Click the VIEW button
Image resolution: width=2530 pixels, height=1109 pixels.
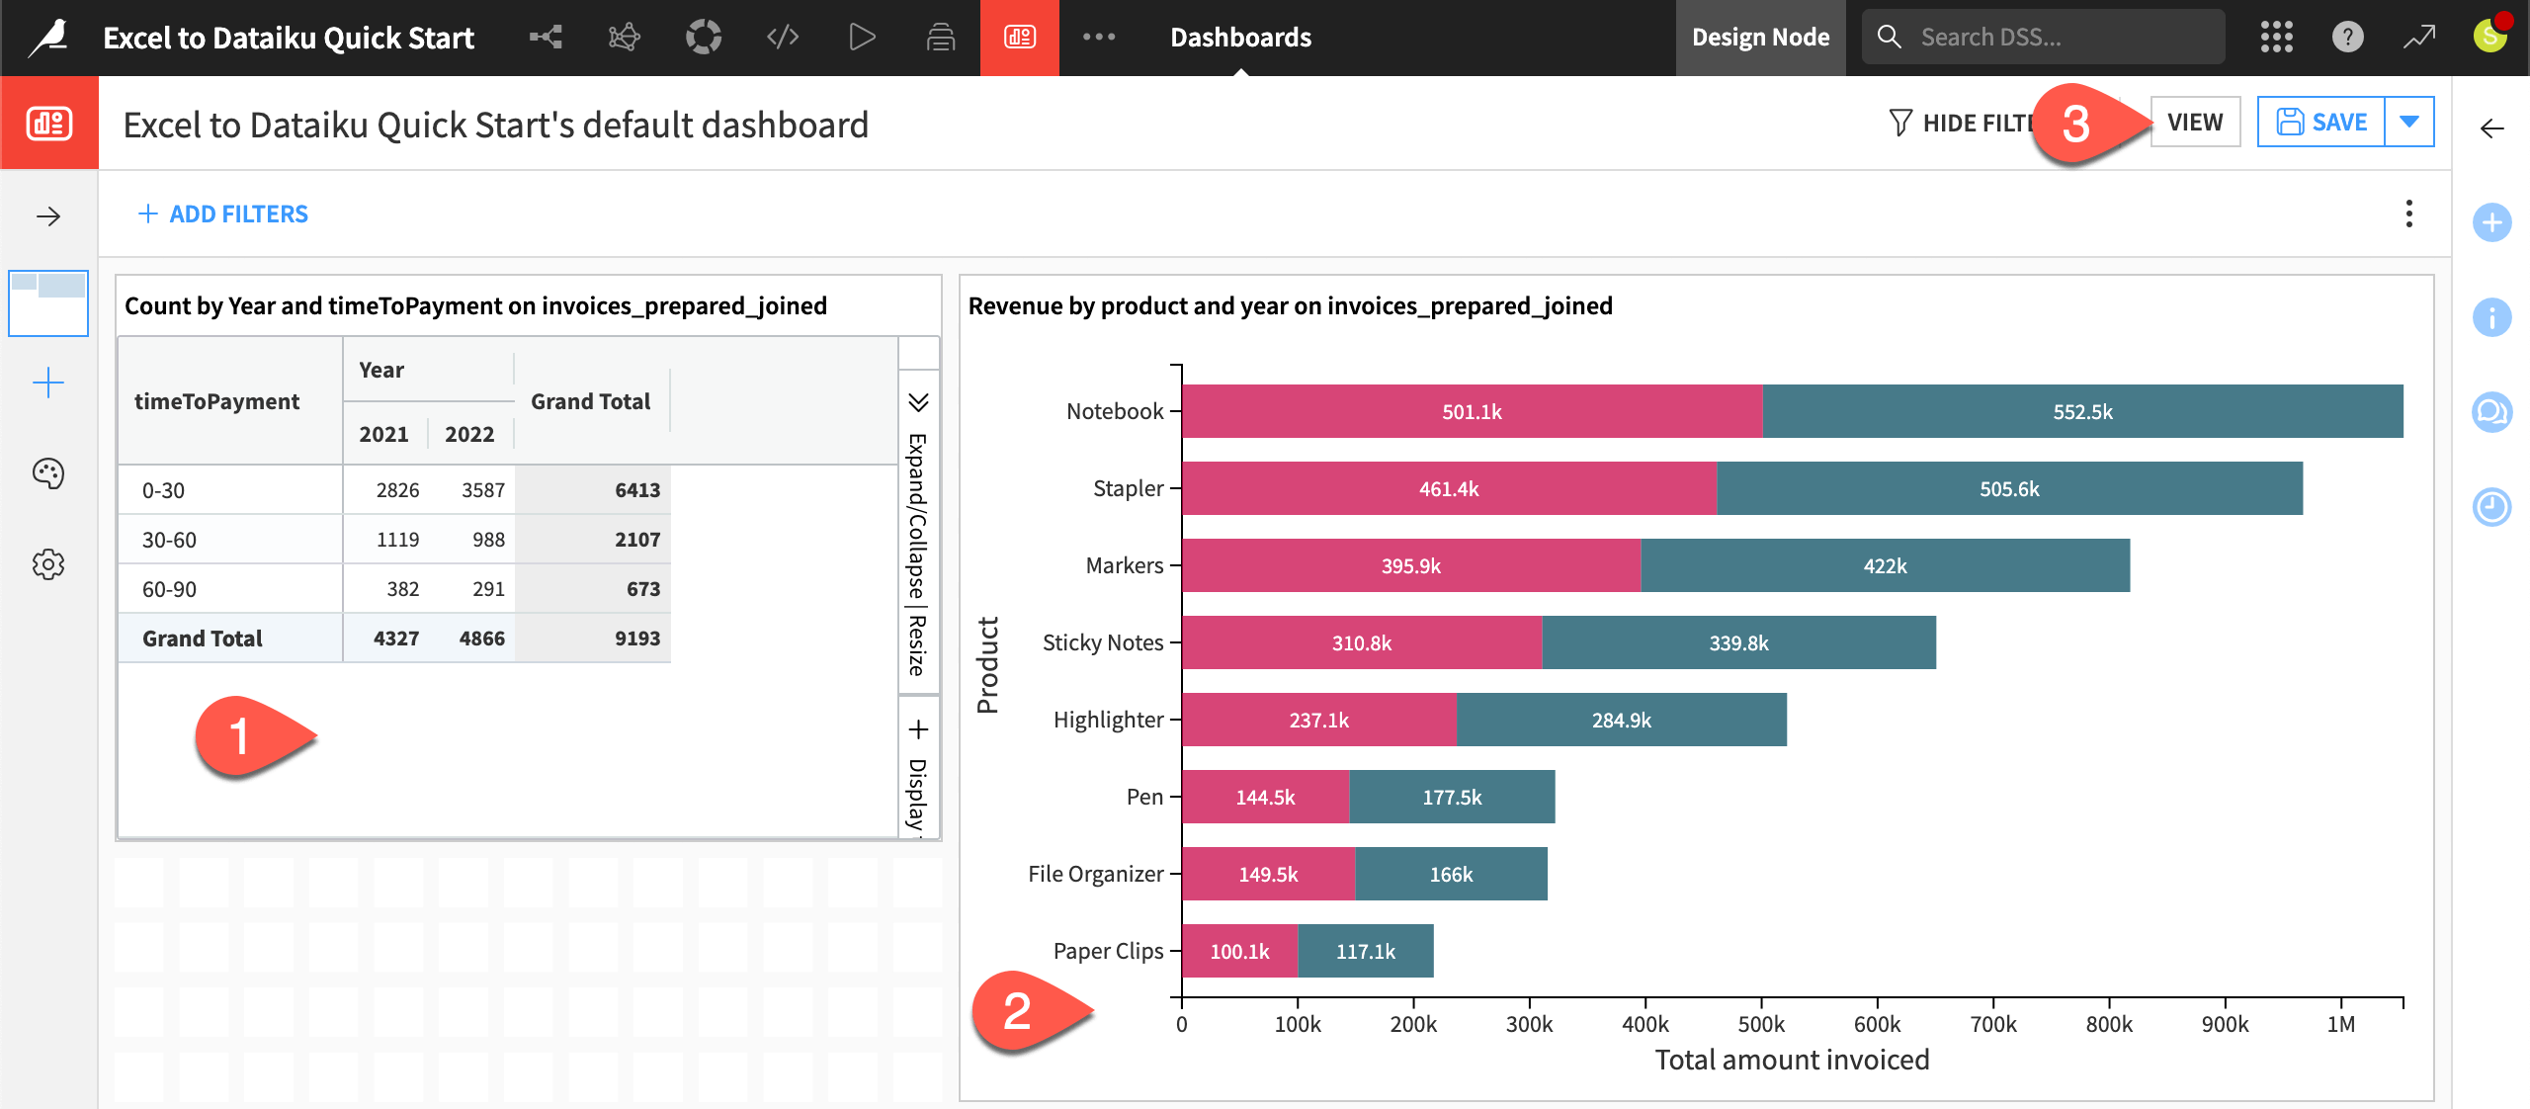tap(2194, 123)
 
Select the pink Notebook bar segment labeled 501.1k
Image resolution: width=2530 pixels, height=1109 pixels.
tap(1471, 412)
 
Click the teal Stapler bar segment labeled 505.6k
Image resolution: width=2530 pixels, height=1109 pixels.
tap(2008, 489)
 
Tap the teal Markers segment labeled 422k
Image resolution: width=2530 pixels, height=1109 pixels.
tap(1884, 566)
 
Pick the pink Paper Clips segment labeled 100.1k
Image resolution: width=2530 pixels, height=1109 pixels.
tap(1239, 952)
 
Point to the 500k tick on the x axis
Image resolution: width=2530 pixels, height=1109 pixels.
tap(1761, 1024)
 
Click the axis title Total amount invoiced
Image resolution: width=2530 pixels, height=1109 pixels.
tap(1791, 1061)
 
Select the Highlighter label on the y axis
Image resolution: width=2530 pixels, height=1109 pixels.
tap(1107, 721)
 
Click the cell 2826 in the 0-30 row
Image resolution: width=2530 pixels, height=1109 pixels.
tap(397, 490)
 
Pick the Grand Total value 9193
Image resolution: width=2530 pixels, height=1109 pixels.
tap(636, 639)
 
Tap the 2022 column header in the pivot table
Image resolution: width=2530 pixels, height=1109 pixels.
tap(469, 435)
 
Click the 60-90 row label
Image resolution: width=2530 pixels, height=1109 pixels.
tap(170, 590)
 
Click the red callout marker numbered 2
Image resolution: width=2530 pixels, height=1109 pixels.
tap(1018, 1011)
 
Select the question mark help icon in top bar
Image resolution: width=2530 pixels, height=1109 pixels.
tap(2347, 38)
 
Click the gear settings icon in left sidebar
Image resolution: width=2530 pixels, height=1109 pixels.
tap(48, 565)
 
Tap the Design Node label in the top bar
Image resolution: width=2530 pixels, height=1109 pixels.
tap(1760, 38)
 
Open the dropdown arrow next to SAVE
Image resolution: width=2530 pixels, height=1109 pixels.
tap(2408, 123)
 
